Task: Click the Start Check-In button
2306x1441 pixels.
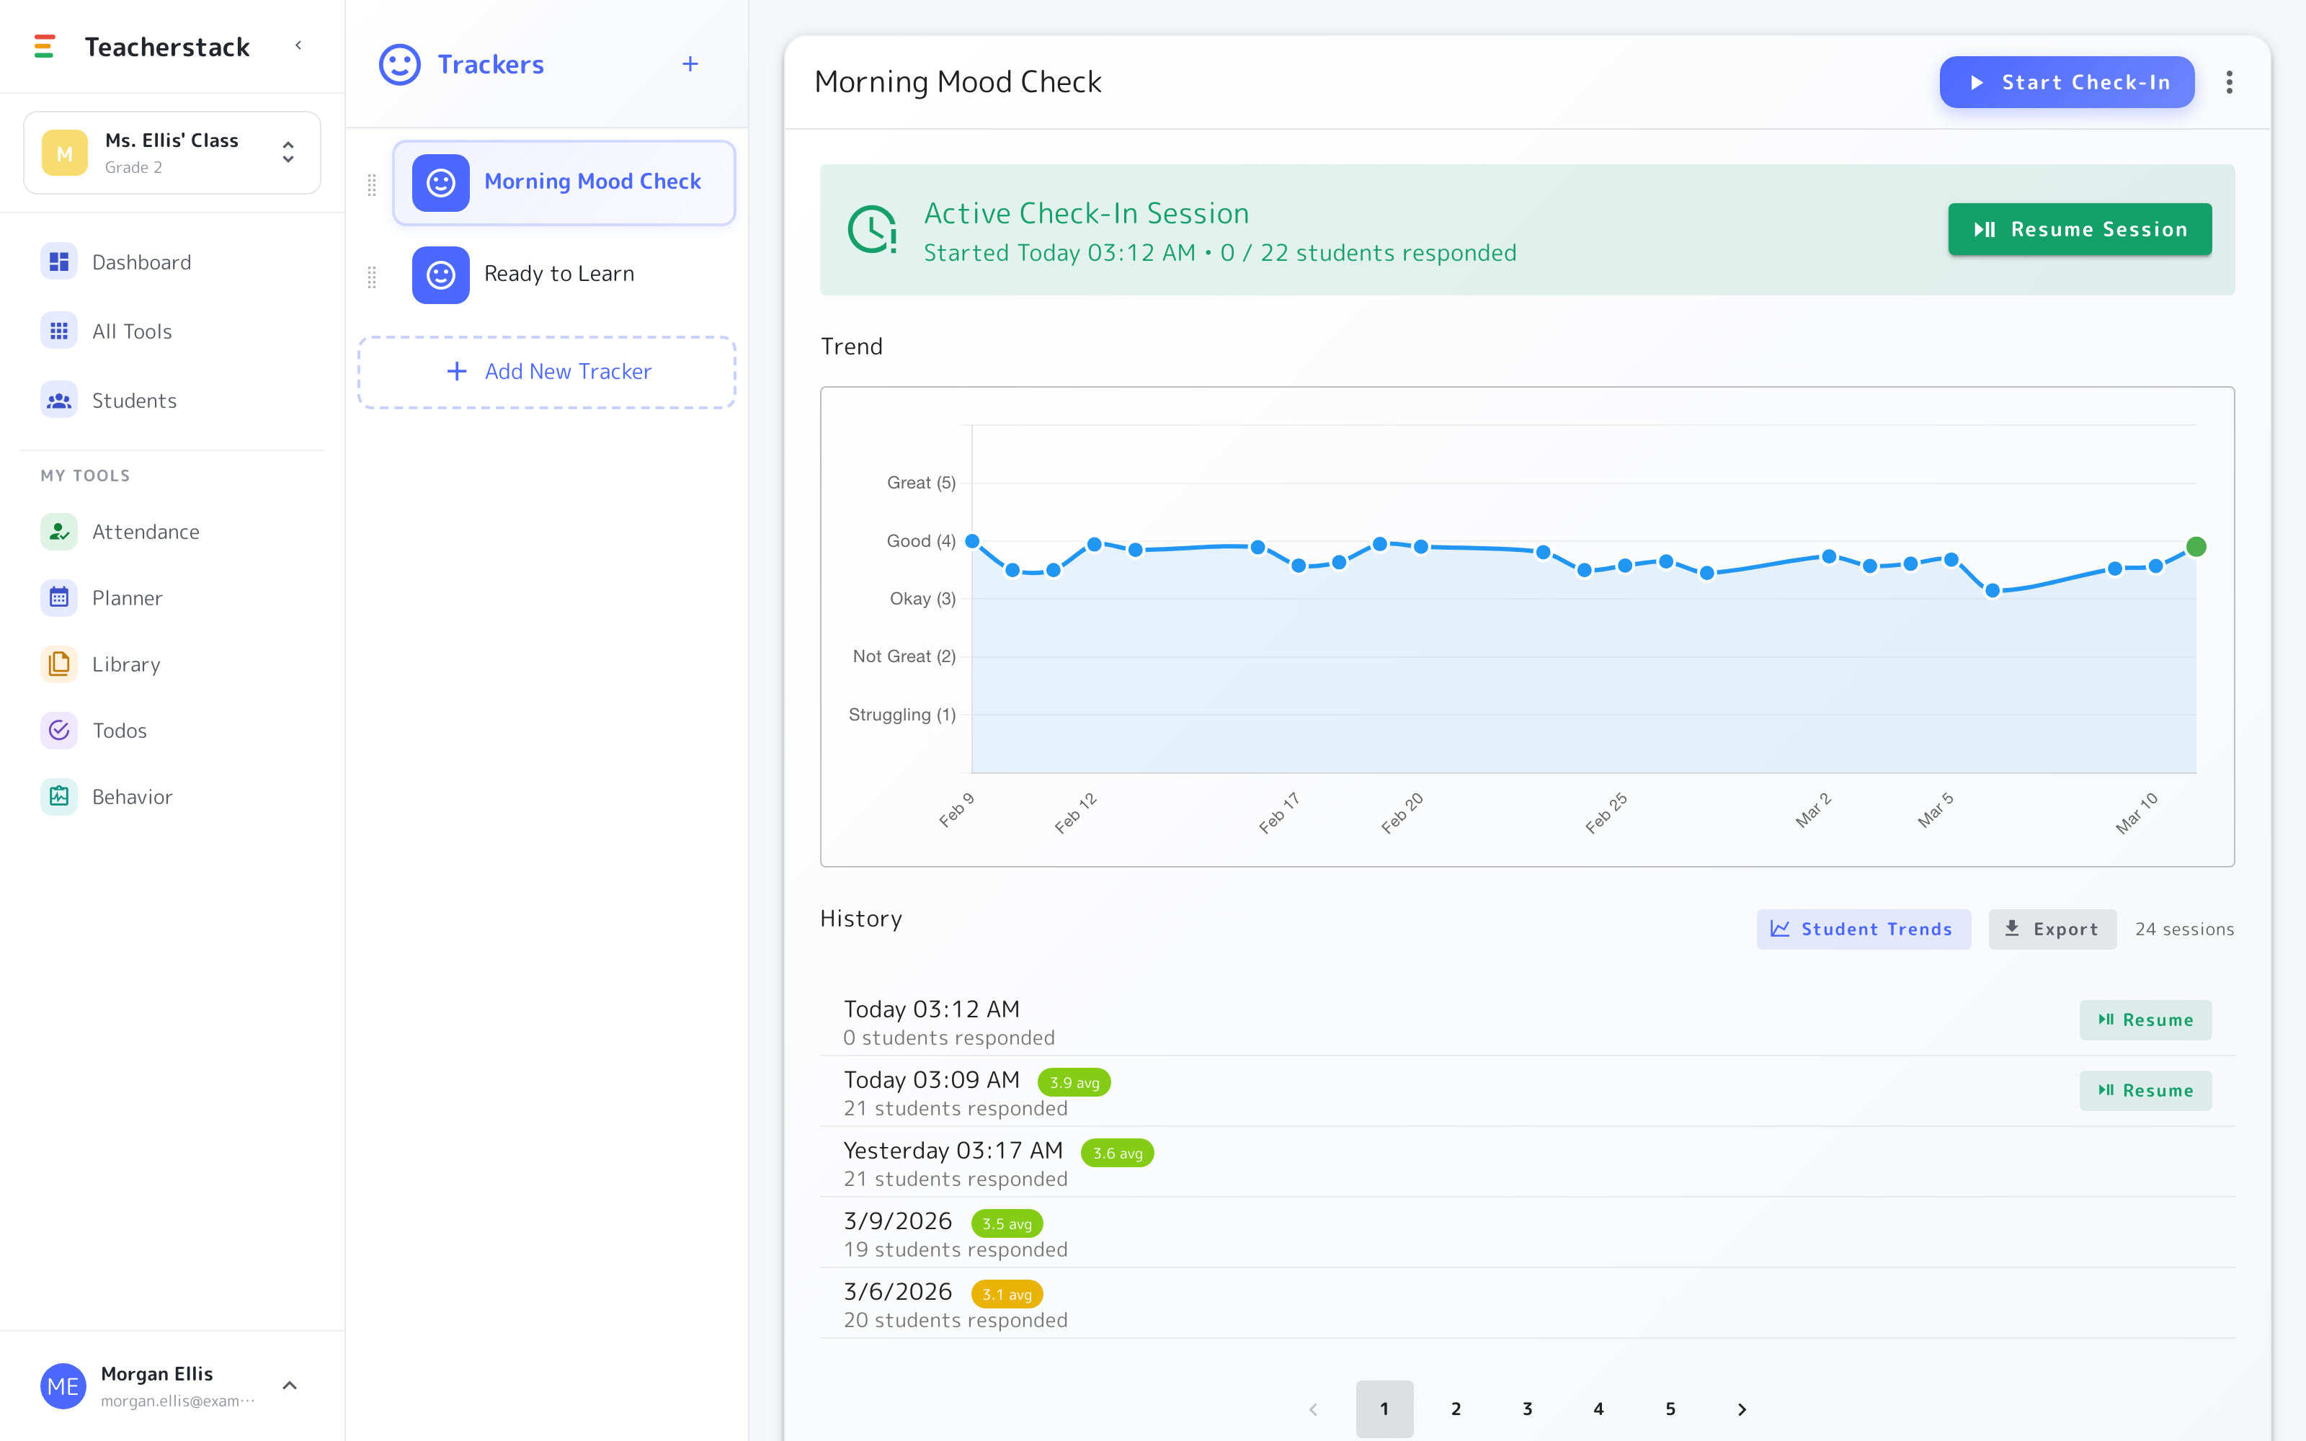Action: point(2066,82)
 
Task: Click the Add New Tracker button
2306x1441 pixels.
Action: point(547,372)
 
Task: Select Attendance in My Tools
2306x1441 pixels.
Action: point(146,532)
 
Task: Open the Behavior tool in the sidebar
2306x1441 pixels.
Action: point(133,797)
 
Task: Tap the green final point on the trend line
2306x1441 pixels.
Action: point(2196,546)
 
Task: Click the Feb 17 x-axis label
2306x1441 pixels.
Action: point(1280,812)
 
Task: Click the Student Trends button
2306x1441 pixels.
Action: point(1863,929)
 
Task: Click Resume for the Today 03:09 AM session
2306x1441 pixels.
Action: point(2145,1090)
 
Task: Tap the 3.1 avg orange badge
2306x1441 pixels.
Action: point(1007,1294)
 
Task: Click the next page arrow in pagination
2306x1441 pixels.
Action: point(1742,1409)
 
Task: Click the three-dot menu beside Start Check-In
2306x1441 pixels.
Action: point(2229,82)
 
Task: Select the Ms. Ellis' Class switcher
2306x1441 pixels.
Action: point(172,153)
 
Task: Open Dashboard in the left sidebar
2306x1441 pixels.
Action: point(141,262)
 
